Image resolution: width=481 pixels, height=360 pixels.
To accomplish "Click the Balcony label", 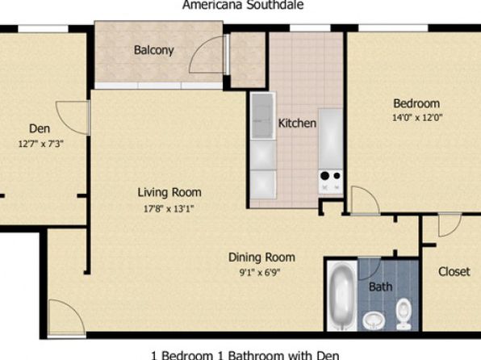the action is point(154,50).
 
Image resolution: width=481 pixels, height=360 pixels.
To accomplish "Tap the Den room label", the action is point(40,128).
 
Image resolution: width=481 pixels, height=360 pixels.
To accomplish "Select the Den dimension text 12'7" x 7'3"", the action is point(41,144).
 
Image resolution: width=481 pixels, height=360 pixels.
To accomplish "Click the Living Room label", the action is point(169,192).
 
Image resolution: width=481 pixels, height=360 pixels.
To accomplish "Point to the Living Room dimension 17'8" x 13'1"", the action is point(169,209).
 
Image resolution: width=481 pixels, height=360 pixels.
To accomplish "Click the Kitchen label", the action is point(297,123).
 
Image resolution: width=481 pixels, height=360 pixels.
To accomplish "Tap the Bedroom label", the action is point(416,103).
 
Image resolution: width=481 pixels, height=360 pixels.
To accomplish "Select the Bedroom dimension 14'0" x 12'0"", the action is point(417,118).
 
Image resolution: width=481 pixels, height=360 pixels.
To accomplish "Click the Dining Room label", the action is point(261,257).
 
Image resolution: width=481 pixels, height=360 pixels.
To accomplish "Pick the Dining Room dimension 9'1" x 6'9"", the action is point(260,272).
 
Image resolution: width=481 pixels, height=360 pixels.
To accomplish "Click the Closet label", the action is point(454,271).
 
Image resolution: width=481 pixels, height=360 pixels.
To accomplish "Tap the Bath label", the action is point(380,287).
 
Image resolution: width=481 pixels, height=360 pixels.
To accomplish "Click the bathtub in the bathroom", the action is point(341,296).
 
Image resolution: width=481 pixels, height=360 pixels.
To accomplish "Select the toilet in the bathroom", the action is point(404,315).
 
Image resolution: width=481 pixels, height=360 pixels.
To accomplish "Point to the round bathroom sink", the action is point(374,320).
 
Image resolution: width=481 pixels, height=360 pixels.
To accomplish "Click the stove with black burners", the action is point(330,182).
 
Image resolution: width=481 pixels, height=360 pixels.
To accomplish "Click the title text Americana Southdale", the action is point(243,5).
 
